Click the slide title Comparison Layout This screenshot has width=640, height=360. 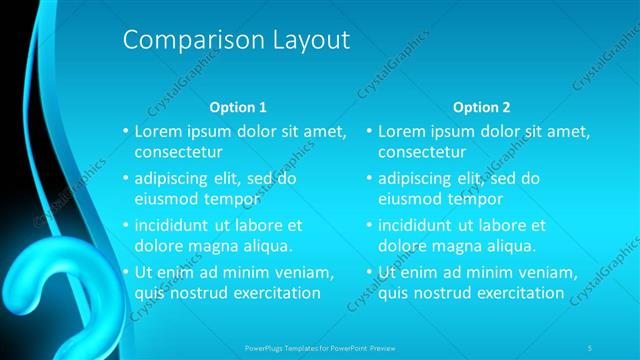(236, 41)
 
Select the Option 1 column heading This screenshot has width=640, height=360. (238, 106)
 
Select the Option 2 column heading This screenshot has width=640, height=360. (481, 106)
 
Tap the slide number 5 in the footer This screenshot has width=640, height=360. (590, 347)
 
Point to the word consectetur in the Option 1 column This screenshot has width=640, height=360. (178, 152)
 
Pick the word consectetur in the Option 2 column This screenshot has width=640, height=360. (422, 152)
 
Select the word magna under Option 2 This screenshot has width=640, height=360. (457, 245)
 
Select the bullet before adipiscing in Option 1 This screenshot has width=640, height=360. (124, 178)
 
